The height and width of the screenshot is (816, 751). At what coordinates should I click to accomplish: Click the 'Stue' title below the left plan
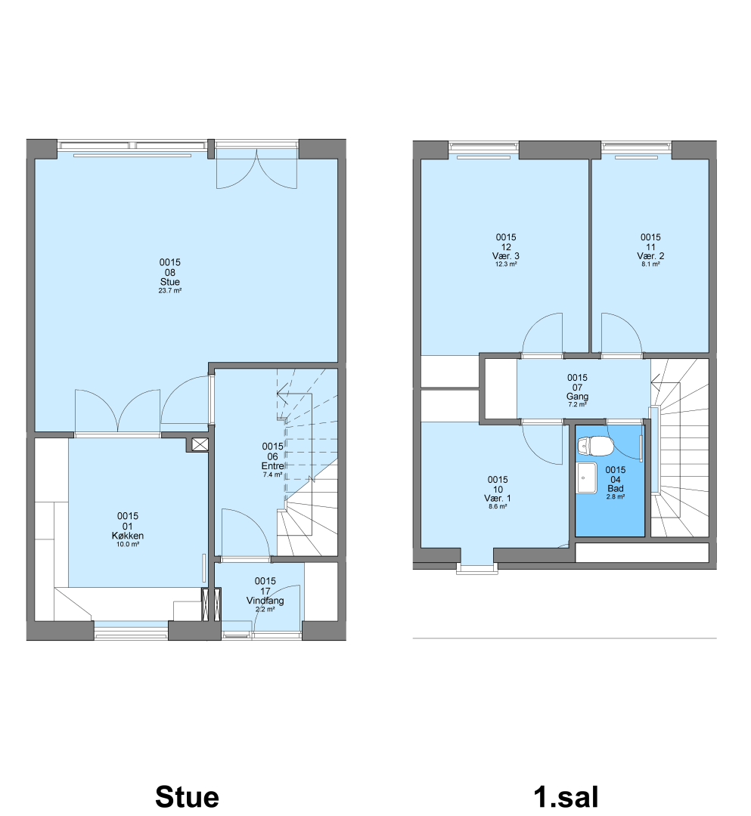pos(187,796)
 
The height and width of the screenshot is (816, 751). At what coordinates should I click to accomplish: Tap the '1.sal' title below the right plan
pos(566,796)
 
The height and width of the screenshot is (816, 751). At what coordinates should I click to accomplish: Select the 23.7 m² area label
pos(169,291)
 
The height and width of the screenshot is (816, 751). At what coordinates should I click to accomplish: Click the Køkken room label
pos(128,536)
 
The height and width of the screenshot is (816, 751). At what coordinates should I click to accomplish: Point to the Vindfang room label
pos(265,601)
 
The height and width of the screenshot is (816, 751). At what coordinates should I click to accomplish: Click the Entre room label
pos(273,465)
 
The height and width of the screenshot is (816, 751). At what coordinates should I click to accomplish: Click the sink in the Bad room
pos(587,478)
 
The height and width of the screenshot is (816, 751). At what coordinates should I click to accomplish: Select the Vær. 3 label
pos(506,256)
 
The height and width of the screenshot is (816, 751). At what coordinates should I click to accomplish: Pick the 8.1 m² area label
pos(650,264)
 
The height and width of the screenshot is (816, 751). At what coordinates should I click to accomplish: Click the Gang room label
pos(577,397)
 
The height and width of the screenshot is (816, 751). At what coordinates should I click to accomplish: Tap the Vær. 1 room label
pos(498,499)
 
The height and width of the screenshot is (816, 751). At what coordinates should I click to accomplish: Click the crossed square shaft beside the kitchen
pos(200,444)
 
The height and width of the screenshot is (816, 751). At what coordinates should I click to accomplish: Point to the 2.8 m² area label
pos(616,497)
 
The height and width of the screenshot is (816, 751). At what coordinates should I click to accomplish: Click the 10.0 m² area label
pos(128,544)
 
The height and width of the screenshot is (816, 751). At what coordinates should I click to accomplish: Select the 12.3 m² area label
pos(506,264)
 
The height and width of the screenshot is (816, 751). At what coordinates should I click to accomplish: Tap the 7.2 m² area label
pos(577,404)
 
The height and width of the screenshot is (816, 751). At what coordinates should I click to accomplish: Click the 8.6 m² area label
pos(498,506)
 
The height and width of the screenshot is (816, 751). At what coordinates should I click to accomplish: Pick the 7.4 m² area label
pos(273,474)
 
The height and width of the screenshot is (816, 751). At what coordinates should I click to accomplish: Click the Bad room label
pos(616,489)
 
